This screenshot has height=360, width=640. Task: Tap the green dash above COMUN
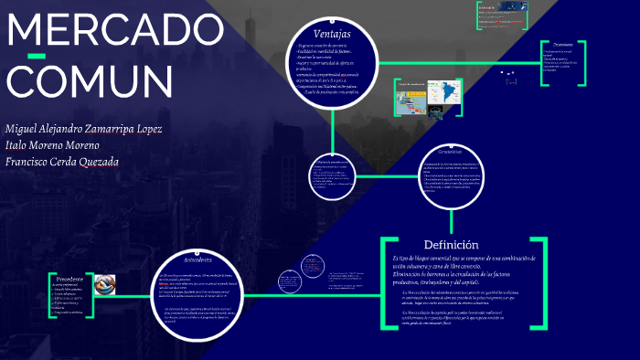37,58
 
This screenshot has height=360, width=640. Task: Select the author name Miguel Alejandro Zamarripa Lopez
83,128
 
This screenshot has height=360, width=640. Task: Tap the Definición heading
451,245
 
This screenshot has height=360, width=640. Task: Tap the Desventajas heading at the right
556,44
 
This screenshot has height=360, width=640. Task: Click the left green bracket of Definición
384,282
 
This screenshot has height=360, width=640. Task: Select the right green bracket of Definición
545,282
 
